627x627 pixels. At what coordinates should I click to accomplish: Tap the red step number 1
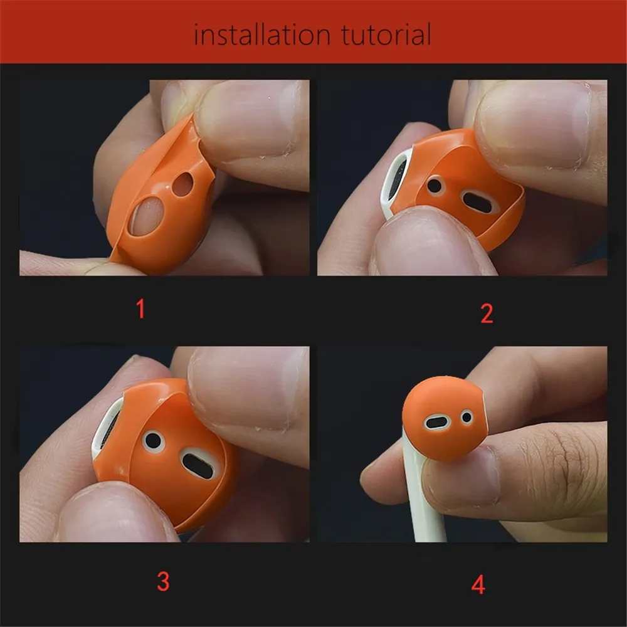[140, 309]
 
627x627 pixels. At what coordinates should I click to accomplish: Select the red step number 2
[487, 314]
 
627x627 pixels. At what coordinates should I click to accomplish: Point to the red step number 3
[163, 581]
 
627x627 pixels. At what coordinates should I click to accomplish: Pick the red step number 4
[478, 585]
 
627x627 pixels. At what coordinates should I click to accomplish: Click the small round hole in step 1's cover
[183, 185]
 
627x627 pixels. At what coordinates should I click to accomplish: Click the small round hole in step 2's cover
[435, 186]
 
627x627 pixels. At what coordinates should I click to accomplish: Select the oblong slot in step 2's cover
[480, 201]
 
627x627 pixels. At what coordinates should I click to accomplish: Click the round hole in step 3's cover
[154, 441]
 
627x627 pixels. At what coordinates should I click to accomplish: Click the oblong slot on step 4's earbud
[437, 422]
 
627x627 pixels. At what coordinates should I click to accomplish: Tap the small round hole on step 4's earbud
[467, 416]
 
